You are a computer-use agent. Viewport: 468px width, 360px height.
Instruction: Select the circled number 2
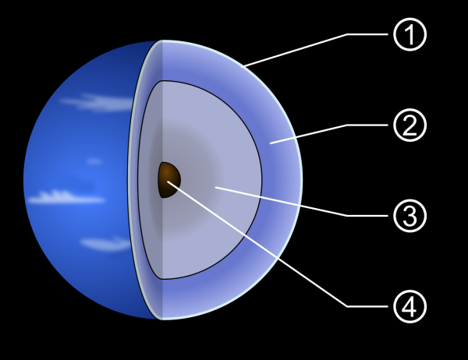(409, 125)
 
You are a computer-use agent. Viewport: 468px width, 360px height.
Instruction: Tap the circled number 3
(409, 216)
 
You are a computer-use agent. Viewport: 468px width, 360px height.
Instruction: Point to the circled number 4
(409, 305)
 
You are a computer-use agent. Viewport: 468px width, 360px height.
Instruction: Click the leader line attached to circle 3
(296, 203)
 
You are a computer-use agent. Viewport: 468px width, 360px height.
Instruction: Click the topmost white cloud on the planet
(101, 101)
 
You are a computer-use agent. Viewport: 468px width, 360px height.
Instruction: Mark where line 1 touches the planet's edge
(244, 66)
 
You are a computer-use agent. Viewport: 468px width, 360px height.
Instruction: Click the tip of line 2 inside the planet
(271, 142)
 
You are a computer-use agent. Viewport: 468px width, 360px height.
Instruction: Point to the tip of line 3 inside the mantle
(216, 188)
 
